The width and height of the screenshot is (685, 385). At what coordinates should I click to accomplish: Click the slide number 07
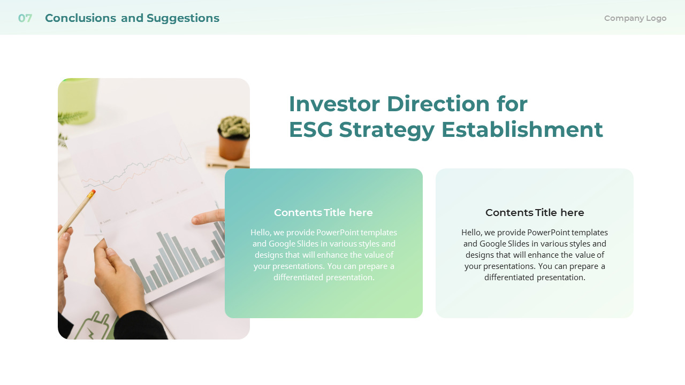click(25, 18)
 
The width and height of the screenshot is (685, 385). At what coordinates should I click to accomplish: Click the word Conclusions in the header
click(80, 18)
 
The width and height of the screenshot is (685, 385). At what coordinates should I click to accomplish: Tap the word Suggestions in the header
click(182, 18)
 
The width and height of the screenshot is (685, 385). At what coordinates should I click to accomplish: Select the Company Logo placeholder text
click(635, 18)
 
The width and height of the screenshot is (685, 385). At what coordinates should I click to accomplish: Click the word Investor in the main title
click(334, 104)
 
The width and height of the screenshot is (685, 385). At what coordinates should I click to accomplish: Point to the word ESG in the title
click(310, 129)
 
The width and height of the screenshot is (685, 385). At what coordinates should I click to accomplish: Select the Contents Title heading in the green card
click(323, 213)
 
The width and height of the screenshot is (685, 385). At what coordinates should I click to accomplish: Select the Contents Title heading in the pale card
click(535, 213)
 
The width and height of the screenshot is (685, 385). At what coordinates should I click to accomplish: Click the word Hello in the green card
click(261, 233)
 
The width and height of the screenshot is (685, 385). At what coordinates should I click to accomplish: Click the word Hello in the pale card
click(471, 233)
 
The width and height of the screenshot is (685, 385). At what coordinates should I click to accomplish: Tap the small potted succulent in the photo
click(234, 136)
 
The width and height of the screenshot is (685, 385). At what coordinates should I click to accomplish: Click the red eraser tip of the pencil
click(92, 194)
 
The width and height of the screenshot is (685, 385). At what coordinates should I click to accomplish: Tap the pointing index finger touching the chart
click(206, 218)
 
